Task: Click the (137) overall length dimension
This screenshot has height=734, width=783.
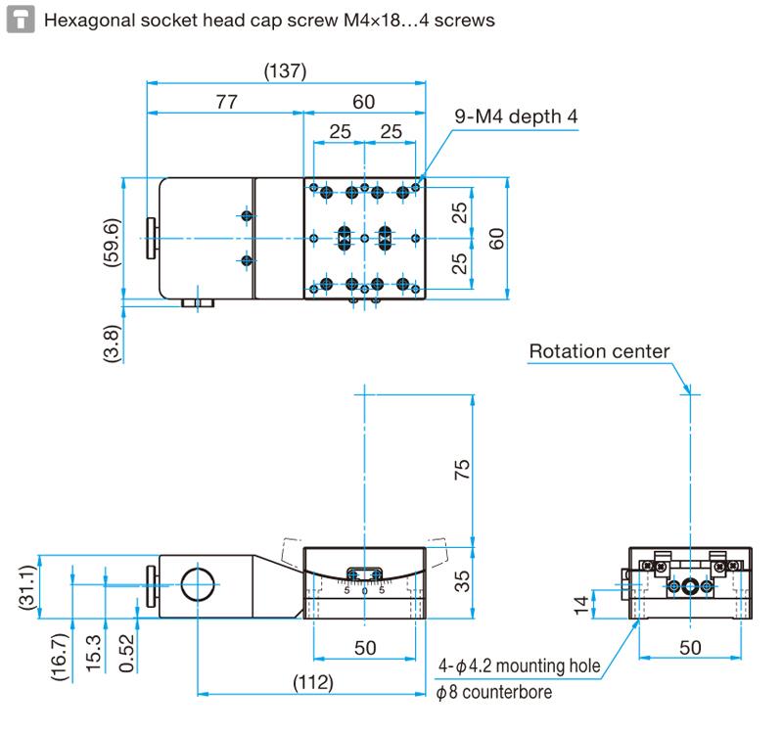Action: pyautogui.click(x=286, y=71)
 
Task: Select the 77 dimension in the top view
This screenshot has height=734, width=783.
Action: pyautogui.click(x=226, y=101)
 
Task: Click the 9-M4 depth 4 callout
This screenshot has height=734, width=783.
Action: pyautogui.click(x=516, y=116)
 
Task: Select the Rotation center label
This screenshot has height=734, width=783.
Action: pyautogui.click(x=599, y=350)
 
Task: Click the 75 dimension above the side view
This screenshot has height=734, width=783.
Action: pyautogui.click(x=464, y=468)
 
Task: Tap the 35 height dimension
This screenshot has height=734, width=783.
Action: pyautogui.click(x=464, y=580)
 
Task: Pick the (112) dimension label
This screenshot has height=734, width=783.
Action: pyautogui.click(x=313, y=683)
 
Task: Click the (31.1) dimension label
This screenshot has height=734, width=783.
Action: pyautogui.click(x=28, y=587)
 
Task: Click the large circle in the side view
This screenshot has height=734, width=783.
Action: pyautogui.click(x=197, y=584)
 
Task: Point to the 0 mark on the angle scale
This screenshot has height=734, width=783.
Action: pyautogui.click(x=364, y=591)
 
